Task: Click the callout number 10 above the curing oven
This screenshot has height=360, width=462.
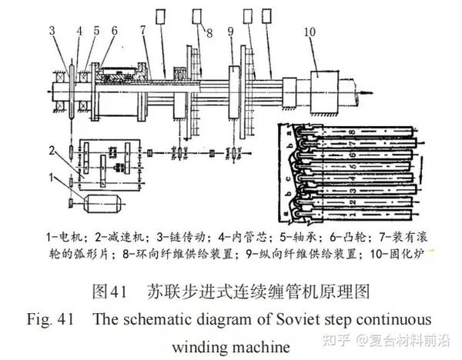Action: [310, 32]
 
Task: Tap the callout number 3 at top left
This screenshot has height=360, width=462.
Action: [52, 32]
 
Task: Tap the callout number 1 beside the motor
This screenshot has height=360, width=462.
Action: [52, 178]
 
